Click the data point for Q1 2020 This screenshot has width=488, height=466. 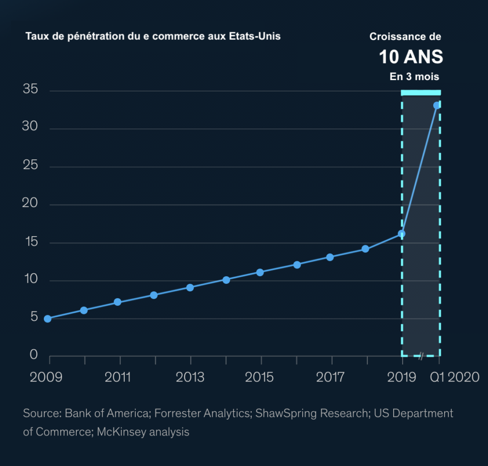click(x=437, y=105)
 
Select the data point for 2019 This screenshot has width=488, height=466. click(x=402, y=234)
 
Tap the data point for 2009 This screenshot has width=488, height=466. click(x=48, y=319)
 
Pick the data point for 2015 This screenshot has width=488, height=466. click(x=260, y=272)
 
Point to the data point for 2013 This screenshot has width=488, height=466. click(x=190, y=288)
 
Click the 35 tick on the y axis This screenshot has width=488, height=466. click(x=30, y=90)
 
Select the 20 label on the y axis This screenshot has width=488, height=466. click(x=30, y=204)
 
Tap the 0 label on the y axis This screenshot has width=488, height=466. click(x=33, y=354)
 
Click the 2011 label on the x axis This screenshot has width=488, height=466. click(x=118, y=377)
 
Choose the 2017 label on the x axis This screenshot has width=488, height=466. click(x=330, y=377)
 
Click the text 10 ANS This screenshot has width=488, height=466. click(x=411, y=57)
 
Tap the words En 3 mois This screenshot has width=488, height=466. click(x=414, y=76)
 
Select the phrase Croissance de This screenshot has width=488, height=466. click(x=406, y=36)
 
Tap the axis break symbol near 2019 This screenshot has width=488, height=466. click(x=421, y=355)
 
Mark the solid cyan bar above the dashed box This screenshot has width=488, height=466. click(x=421, y=93)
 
